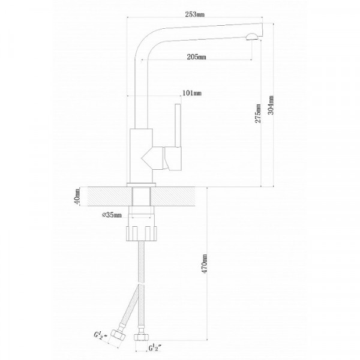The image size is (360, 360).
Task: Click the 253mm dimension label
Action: [x=194, y=14]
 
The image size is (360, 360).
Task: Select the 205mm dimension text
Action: [x=196, y=57]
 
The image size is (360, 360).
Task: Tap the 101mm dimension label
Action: [x=192, y=93]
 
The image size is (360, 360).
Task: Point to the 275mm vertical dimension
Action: [x=258, y=113]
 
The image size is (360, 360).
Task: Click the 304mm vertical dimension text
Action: [x=271, y=105]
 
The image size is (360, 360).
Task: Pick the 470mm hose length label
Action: [x=204, y=263]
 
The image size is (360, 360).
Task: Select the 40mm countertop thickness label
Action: [x=77, y=196]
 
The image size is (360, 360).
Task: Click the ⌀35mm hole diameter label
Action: [x=112, y=215]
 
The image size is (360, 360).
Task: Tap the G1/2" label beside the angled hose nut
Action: [x=101, y=335]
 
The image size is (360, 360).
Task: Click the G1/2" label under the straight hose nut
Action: [x=155, y=348]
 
